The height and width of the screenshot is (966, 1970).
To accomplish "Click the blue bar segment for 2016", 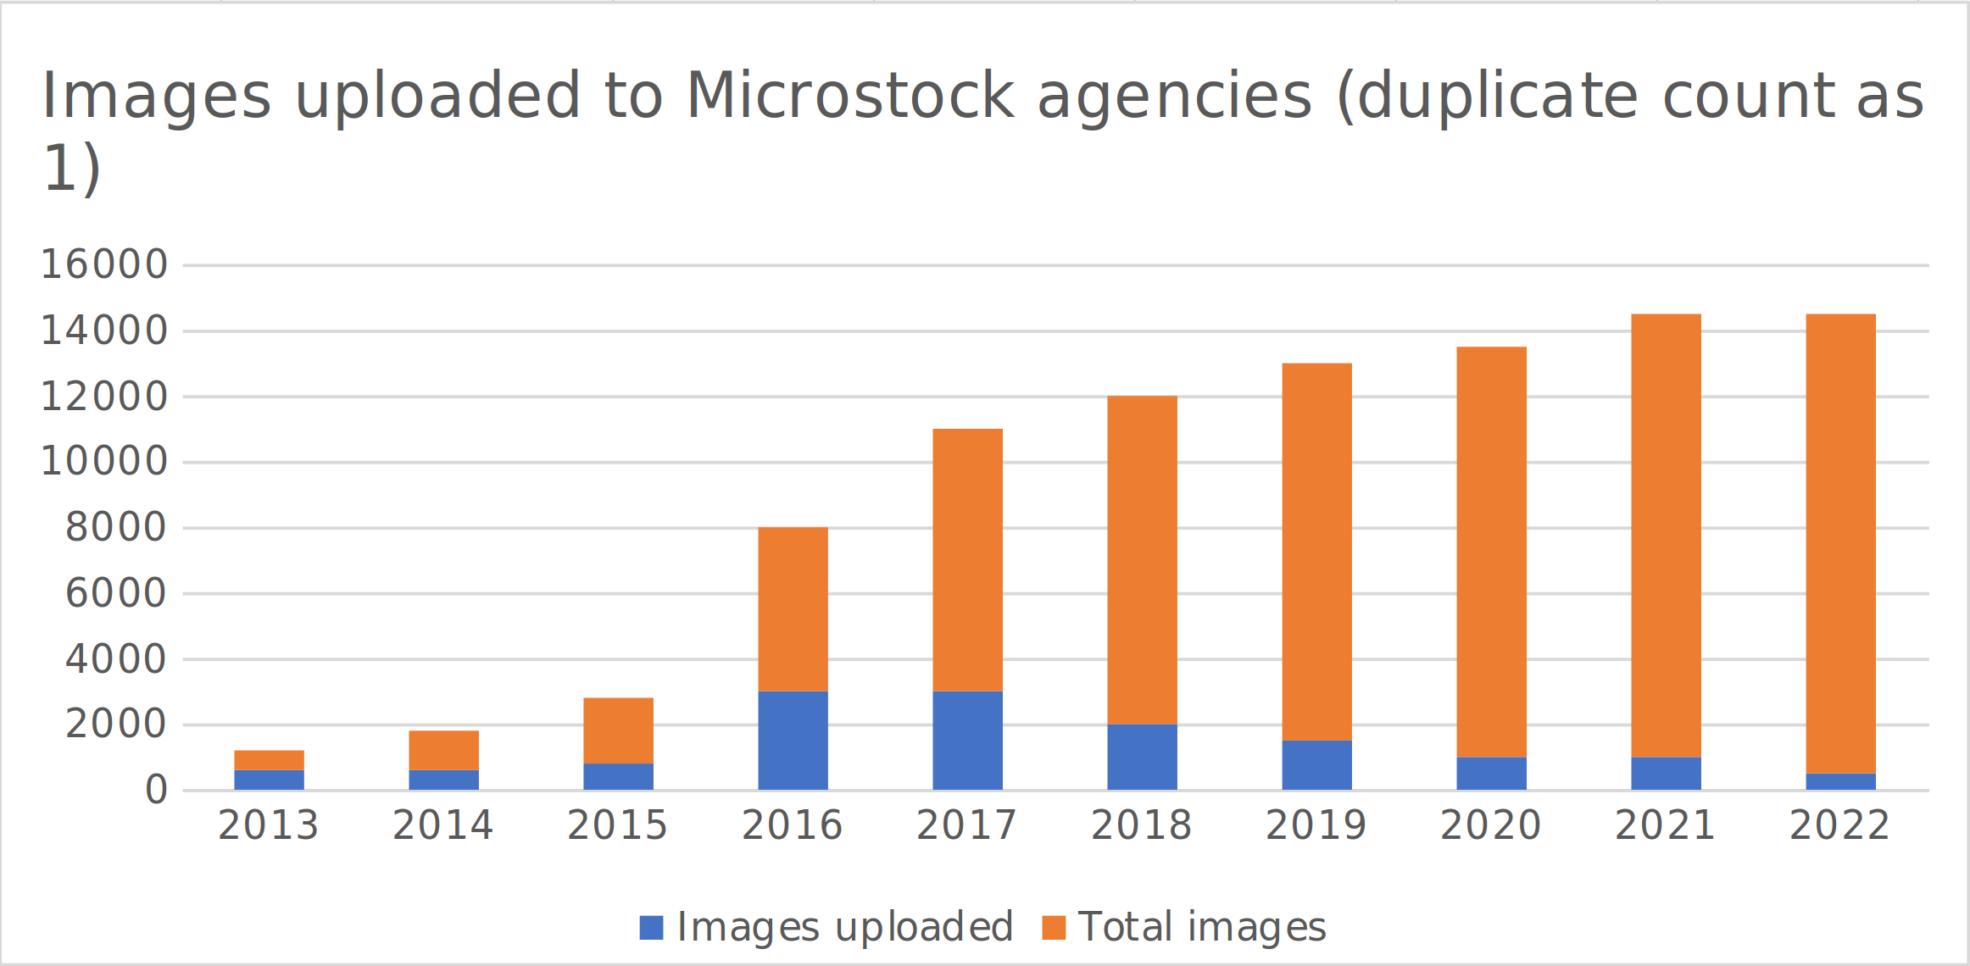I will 793,741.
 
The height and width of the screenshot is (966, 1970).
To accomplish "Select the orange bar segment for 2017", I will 967,560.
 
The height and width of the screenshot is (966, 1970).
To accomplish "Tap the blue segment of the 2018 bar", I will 1142,757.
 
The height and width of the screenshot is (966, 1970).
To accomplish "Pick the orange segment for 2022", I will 1840,543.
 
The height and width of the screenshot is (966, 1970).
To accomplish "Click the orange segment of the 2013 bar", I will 269,760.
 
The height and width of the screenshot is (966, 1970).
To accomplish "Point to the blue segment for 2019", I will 1316,765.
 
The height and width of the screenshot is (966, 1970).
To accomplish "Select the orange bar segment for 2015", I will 618,730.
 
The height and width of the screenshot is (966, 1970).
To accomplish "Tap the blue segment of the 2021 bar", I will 1666,774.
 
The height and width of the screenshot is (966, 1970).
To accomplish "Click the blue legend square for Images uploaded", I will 651,927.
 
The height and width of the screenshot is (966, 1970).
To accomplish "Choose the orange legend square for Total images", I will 1053,927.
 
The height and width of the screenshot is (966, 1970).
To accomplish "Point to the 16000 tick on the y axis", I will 104,264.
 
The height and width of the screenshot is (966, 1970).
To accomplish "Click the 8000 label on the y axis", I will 116,527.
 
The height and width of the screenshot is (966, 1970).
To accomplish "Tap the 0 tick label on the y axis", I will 156,790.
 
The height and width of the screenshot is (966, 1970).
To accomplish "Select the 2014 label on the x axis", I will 442,825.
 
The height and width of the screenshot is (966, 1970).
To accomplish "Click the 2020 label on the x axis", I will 1490,825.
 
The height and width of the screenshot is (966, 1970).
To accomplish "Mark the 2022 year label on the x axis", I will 1839,825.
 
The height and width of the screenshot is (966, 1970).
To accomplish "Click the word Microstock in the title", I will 849,95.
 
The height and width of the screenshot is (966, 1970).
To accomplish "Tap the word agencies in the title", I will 1175,97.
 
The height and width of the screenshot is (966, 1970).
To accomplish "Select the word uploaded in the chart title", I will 437,97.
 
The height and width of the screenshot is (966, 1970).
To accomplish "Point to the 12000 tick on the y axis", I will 104,396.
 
